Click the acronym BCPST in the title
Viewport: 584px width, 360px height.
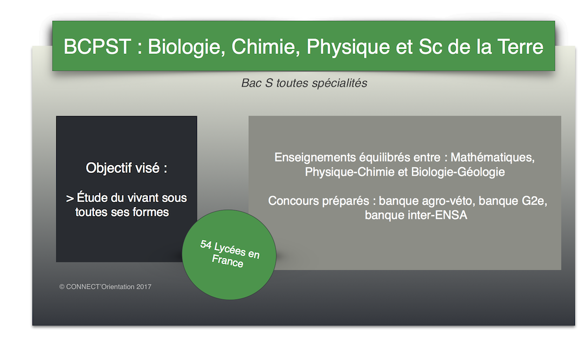pos(97,47)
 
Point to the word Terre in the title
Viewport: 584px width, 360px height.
pos(520,47)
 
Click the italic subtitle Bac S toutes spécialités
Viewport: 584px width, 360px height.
pos(304,83)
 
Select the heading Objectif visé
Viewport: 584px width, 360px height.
pos(126,168)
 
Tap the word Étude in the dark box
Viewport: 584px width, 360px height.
pos(92,197)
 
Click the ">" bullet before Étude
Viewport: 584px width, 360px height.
pos(70,198)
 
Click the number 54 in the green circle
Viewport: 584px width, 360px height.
pos(206,244)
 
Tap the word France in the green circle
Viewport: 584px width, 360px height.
pos(228,261)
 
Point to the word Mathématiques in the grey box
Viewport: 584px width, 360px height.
pos(493,157)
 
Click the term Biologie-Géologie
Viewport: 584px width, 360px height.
pos(458,172)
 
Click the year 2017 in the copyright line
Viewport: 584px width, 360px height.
pos(144,286)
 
